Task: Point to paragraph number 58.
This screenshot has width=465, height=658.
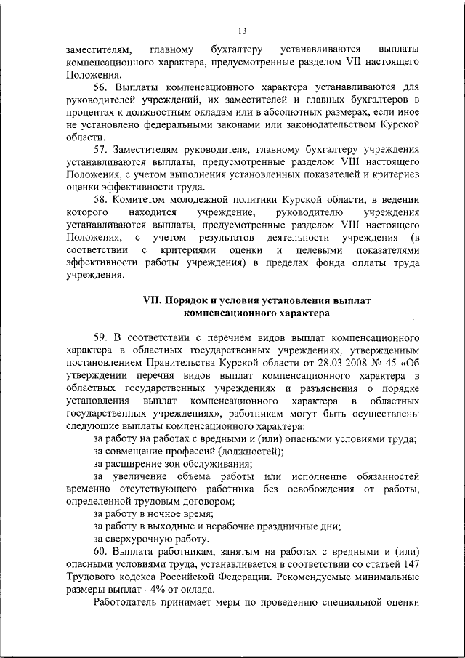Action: pyautogui.click(x=101, y=198)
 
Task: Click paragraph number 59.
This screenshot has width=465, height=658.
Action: pyautogui.click(x=101, y=338)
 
